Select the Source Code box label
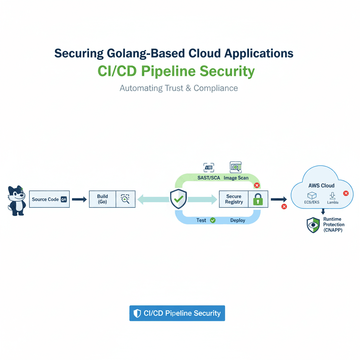(45, 199)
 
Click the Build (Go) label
(102, 199)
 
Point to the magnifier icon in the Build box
(125, 199)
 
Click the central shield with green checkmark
(179, 199)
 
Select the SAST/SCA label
(208, 178)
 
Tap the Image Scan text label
(236, 178)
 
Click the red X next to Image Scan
(257, 185)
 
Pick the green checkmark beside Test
(213, 220)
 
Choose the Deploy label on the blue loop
(238, 220)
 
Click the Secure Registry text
(234, 199)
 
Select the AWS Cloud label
(321, 185)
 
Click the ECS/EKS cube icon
(311, 195)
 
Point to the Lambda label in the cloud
(333, 202)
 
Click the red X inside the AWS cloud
(346, 193)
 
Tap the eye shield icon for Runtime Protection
(313, 225)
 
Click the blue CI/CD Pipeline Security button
(177, 313)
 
